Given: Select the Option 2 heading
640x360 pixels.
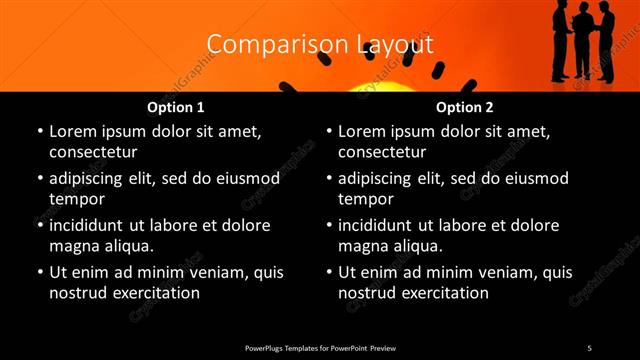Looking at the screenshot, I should [464, 107].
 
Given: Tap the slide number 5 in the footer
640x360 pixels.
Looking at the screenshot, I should [589, 347].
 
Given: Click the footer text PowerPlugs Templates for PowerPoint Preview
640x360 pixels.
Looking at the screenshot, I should [320, 347].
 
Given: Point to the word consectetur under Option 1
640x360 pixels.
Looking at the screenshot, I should [93, 152].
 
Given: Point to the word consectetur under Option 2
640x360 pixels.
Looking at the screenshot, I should [382, 152].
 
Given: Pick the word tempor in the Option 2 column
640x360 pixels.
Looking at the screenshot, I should [367, 199].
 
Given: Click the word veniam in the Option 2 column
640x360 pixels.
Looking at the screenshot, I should [483, 273].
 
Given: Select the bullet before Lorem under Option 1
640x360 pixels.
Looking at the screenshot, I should [39, 132].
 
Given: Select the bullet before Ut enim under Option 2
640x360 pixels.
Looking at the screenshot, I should [328, 273].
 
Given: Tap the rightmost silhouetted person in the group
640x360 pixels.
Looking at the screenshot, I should [606, 40].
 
